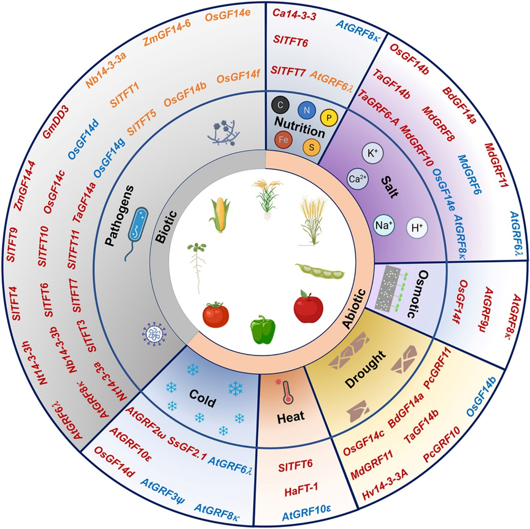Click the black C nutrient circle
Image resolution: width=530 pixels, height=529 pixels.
pos(280,105)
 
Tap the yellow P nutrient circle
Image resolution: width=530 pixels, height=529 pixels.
pos(329,118)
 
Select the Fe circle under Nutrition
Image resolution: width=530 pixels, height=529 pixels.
pos(283,139)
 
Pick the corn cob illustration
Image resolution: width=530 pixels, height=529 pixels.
pos(219,215)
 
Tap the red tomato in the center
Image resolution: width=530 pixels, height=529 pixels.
pos(216,314)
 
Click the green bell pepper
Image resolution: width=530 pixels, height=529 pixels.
pos(263,329)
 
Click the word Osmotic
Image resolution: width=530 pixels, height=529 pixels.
pos(418,294)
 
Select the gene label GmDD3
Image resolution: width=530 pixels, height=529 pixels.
pos(56,121)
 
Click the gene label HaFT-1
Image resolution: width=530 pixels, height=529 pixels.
pos(301,488)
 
